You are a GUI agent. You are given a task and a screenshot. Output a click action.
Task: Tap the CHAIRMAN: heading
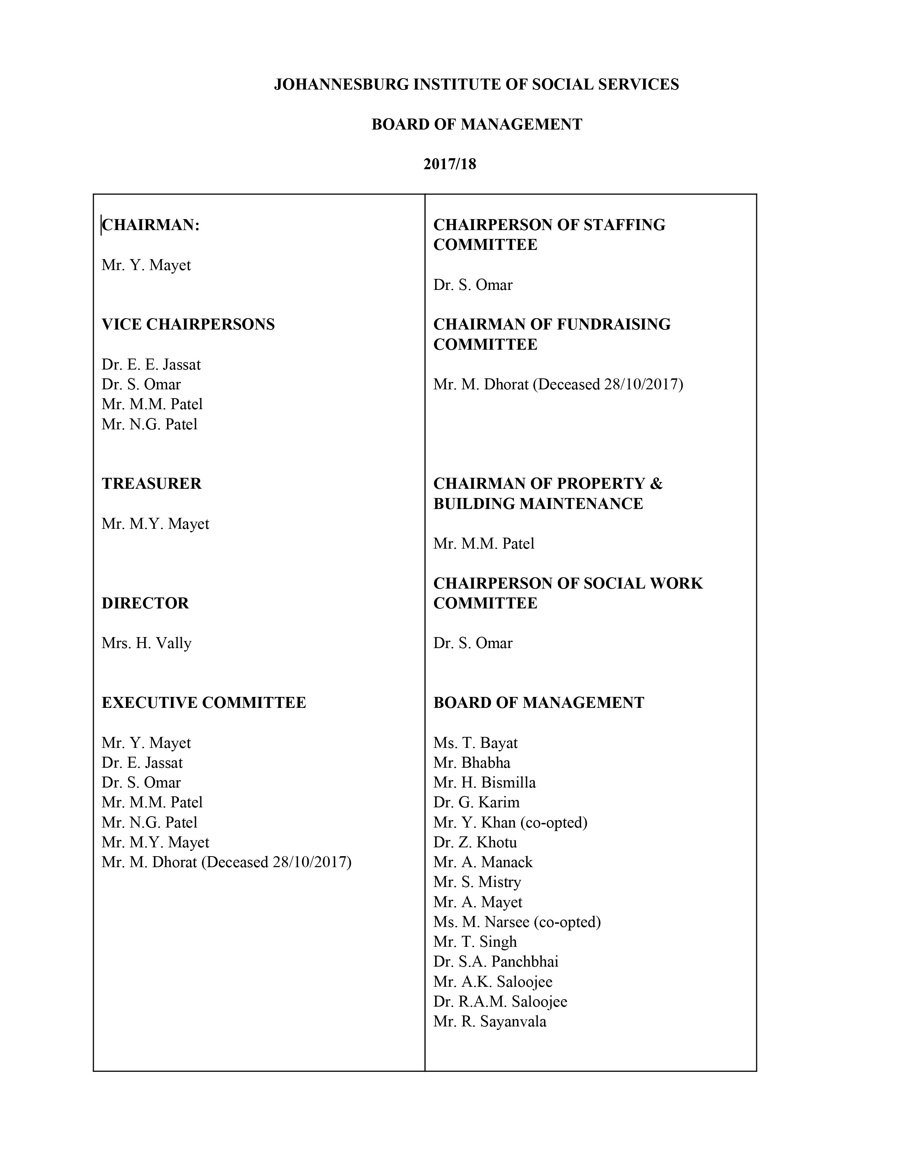point(151,225)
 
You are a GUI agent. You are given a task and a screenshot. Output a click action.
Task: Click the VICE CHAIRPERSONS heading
point(188,325)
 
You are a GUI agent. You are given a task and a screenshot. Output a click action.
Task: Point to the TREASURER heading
point(152,483)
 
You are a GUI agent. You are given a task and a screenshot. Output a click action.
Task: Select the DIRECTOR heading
point(145,603)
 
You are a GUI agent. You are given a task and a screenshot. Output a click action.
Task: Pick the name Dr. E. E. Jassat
point(151,365)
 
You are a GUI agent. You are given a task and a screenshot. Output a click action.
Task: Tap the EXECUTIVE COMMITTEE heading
point(204,703)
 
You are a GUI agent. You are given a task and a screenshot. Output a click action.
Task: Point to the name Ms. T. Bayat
point(475,743)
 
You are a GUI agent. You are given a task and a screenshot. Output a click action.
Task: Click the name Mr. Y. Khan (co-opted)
point(510,823)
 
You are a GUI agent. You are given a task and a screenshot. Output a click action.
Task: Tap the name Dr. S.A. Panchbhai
point(495,962)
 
